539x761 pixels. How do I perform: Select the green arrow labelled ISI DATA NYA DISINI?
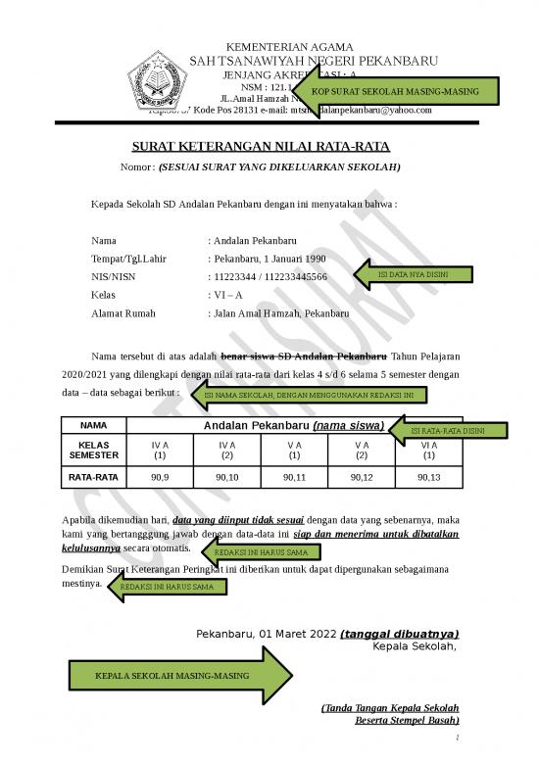coord(412,274)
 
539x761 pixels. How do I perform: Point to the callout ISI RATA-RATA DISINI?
coord(446,431)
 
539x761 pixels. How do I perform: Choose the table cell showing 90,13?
coord(429,478)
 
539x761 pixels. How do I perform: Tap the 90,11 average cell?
coord(295,478)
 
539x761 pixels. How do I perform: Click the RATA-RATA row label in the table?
coord(94,478)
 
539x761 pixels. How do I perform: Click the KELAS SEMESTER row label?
coord(94,450)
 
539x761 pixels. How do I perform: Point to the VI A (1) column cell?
coord(429,450)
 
